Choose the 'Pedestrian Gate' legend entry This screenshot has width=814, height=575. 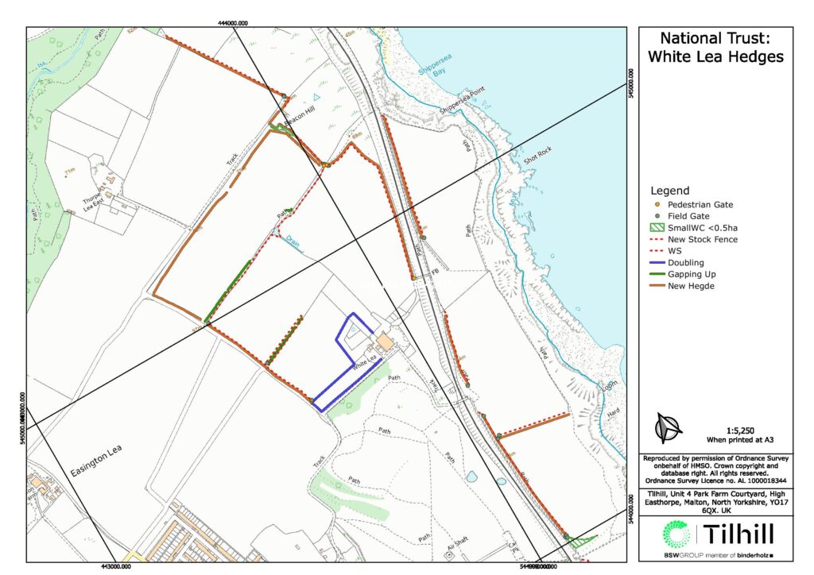point(700,204)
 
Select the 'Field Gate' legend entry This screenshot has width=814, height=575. point(689,216)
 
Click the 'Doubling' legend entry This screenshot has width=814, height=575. point(685,263)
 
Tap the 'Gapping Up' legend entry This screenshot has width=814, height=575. point(692,275)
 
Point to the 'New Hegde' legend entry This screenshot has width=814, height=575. point(690,287)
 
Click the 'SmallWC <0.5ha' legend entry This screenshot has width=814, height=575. point(703,228)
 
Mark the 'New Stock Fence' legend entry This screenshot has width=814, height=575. point(703,239)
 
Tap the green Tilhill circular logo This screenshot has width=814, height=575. point(678,536)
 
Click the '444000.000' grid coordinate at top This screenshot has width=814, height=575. point(236,23)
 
